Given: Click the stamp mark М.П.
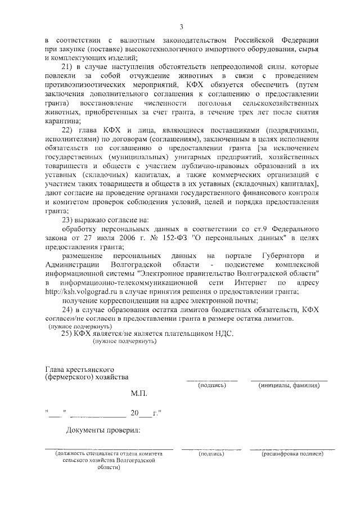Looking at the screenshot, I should tap(138, 395).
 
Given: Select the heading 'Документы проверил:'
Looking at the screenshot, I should tap(103, 431).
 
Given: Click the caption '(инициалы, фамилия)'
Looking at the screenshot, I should tap(289, 386).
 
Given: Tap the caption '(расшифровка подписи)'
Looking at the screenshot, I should tap(292, 453).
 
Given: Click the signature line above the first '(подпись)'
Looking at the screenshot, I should tap(211, 380).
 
